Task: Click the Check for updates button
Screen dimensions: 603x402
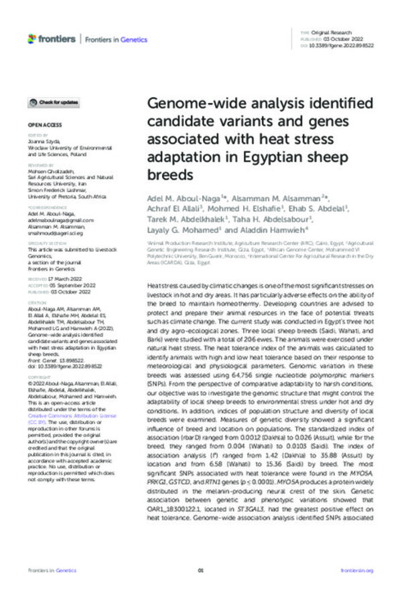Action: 53,102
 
